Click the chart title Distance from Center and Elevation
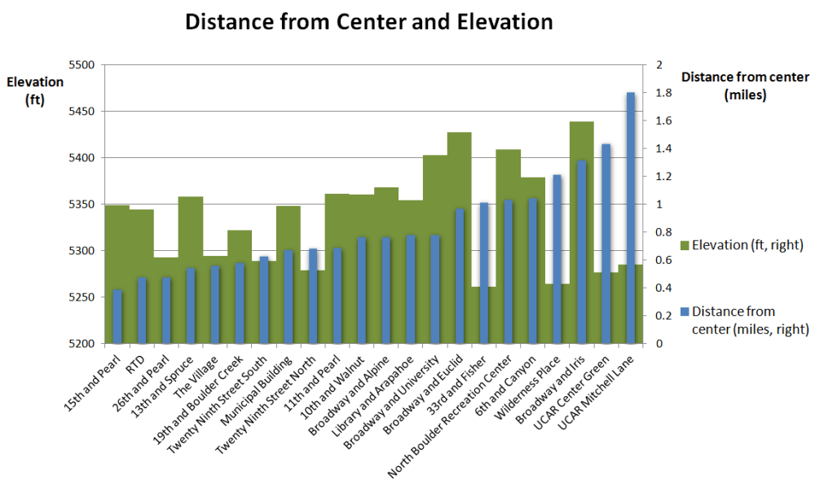pos(369,21)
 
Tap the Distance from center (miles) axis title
pos(744,86)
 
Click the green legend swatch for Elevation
pos(685,244)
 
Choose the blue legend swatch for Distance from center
pos(685,311)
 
